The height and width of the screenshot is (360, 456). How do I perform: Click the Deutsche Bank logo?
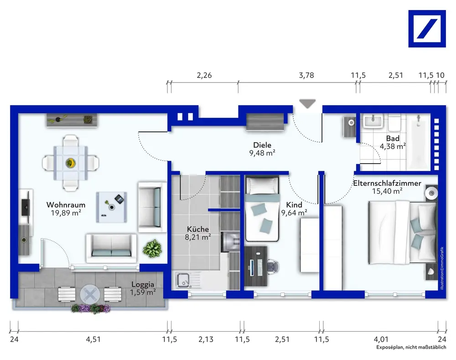(427, 28)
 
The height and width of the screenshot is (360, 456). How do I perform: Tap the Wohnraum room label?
(66, 205)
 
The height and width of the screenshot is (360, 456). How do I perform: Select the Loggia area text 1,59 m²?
(142, 292)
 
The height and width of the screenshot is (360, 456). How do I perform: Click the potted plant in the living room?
(152, 248)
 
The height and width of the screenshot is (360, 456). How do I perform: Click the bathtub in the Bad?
(418, 142)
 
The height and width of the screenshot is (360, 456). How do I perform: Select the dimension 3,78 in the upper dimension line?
(306, 75)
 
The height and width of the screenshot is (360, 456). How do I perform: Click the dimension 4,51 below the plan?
(93, 339)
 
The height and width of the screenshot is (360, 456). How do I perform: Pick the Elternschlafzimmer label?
(387, 183)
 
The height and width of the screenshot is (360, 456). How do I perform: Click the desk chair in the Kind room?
(273, 266)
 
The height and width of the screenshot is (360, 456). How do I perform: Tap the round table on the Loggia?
(90, 295)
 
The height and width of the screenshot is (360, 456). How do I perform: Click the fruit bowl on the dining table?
(70, 163)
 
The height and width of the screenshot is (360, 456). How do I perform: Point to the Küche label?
(198, 229)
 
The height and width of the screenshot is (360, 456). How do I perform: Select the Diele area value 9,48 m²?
(262, 153)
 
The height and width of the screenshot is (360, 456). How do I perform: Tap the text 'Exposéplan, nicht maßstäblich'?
(411, 347)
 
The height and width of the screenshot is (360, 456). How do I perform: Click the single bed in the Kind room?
(262, 209)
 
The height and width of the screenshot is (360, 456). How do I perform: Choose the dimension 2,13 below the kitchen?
(206, 339)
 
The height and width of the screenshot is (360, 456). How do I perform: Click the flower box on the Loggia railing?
(91, 309)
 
